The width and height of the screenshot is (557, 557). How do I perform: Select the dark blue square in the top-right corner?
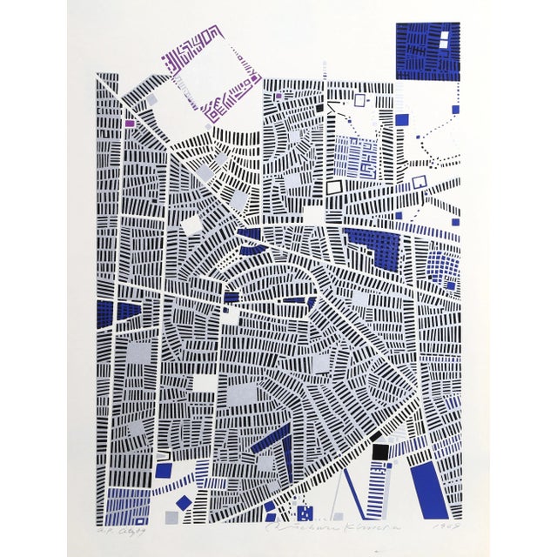click(x=426, y=50)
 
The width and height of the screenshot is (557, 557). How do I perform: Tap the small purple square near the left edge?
click(x=131, y=124)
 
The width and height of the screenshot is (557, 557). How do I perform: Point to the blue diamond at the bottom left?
click(x=183, y=502)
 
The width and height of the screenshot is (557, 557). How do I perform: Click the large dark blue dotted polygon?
click(x=377, y=247)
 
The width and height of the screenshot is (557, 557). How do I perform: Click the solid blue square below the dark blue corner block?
click(x=401, y=119)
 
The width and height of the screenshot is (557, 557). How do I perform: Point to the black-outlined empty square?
click(x=335, y=185)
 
